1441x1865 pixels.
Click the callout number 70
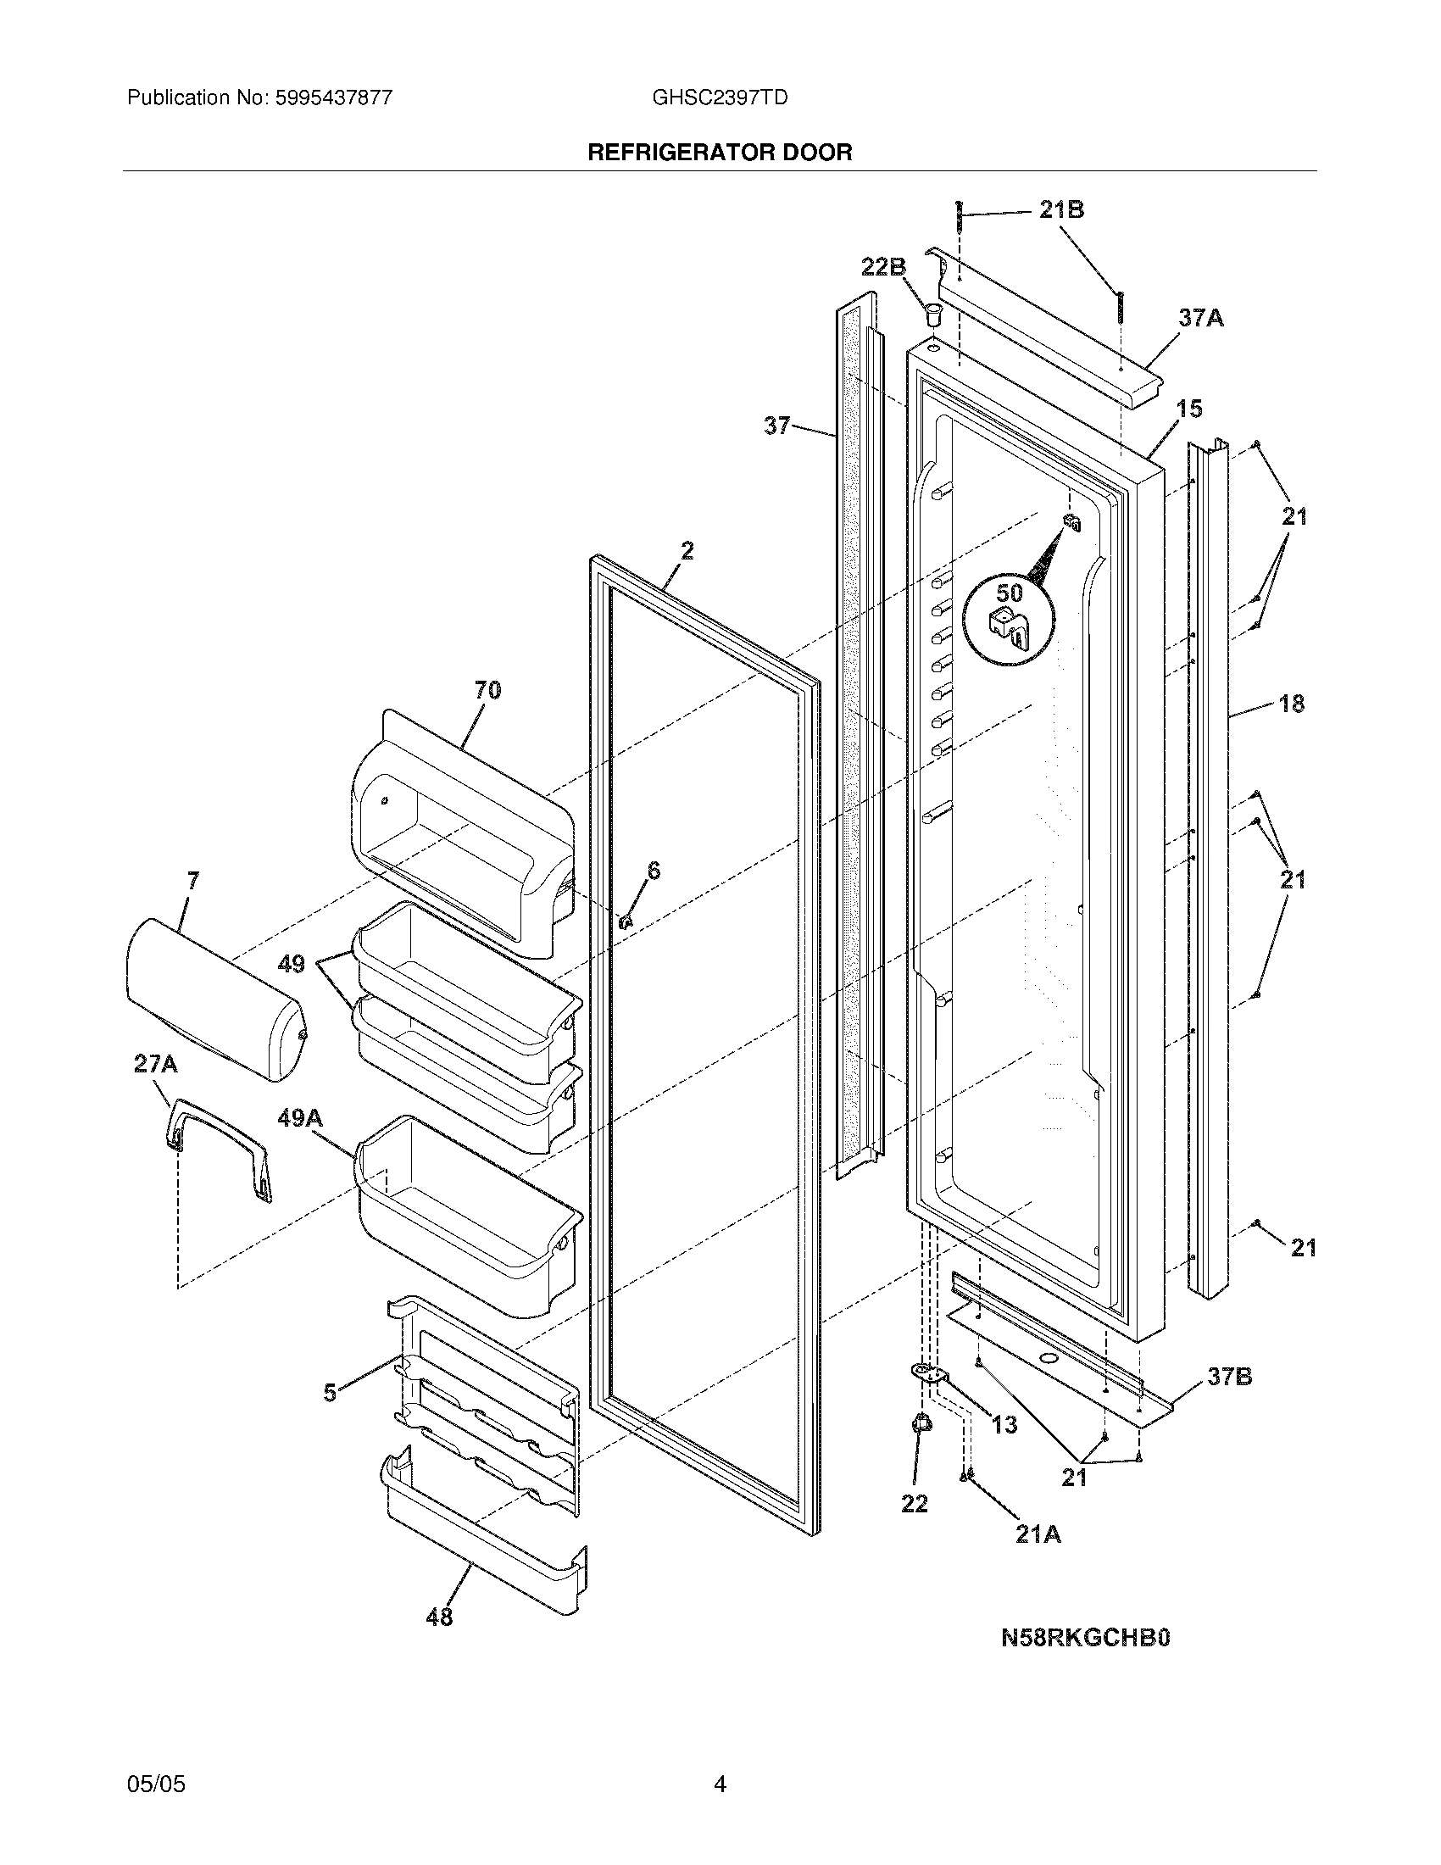point(487,689)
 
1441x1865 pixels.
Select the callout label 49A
point(299,1117)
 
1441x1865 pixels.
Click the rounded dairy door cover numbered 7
point(214,999)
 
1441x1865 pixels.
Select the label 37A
point(1200,318)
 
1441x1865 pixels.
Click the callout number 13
point(1004,1423)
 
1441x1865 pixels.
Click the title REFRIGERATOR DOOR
point(720,152)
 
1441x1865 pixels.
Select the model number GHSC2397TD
point(720,97)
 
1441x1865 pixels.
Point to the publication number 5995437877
point(334,97)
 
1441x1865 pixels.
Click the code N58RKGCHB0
point(1085,1636)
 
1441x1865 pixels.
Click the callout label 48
point(439,1617)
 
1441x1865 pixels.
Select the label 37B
point(1229,1377)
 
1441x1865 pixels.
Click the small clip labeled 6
point(625,921)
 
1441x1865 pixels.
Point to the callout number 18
point(1292,704)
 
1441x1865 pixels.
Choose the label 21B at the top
point(1061,209)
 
